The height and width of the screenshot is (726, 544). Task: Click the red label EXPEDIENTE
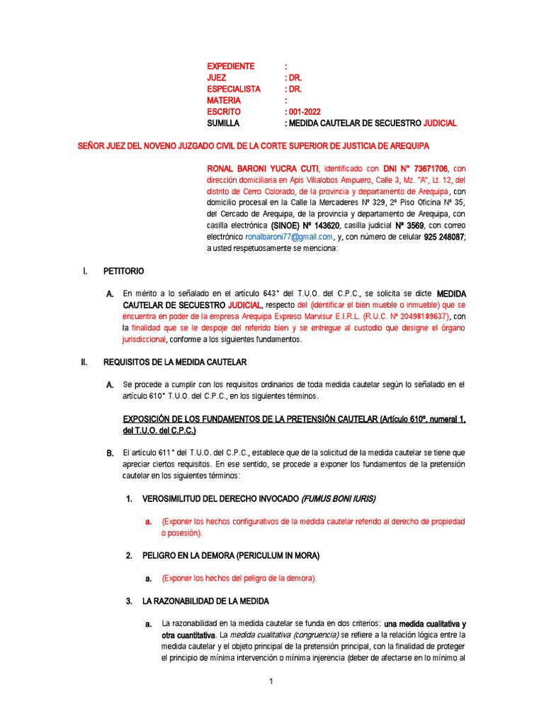tap(230, 66)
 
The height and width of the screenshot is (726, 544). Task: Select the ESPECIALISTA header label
tap(234, 89)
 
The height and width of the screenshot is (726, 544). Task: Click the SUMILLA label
tap(223, 123)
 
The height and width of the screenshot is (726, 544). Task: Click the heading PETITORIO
tap(124, 271)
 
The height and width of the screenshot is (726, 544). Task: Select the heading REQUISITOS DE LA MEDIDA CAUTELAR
tap(175, 362)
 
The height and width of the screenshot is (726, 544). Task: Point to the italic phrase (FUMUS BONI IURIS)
tap(339, 498)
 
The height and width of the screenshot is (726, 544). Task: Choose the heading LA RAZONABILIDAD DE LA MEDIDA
tap(205, 601)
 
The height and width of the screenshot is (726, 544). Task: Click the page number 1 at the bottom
tap(271, 682)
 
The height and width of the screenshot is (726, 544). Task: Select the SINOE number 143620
tap(319, 225)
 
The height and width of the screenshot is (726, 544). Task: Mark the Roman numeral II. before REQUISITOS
tap(84, 362)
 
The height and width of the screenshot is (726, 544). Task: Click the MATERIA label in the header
tap(224, 100)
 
